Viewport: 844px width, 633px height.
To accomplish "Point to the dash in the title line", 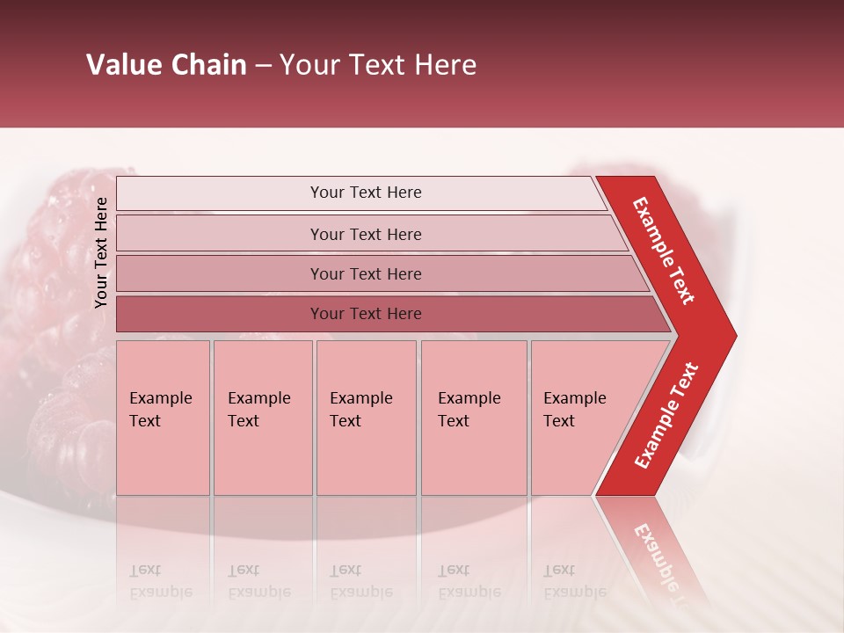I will tap(264, 66).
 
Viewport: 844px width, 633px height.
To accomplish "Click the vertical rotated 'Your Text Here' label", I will tap(101, 252).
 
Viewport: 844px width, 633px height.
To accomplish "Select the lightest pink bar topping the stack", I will tap(365, 193).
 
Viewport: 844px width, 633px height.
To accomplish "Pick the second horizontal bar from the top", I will tap(365, 234).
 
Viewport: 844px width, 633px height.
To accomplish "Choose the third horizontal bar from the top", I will tap(365, 274).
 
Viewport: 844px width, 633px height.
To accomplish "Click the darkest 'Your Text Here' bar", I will tap(365, 314).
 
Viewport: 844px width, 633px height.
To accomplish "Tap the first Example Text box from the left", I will tap(163, 418).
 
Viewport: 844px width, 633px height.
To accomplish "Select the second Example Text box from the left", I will tap(263, 418).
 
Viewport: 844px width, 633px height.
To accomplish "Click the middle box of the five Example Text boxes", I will tap(366, 418).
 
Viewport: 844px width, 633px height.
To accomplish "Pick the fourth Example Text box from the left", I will tap(474, 418).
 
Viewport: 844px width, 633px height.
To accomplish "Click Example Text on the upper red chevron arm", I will tap(664, 251).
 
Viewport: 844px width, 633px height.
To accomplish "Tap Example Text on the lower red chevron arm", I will tap(666, 416).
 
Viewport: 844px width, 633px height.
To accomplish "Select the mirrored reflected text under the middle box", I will tap(360, 581).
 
